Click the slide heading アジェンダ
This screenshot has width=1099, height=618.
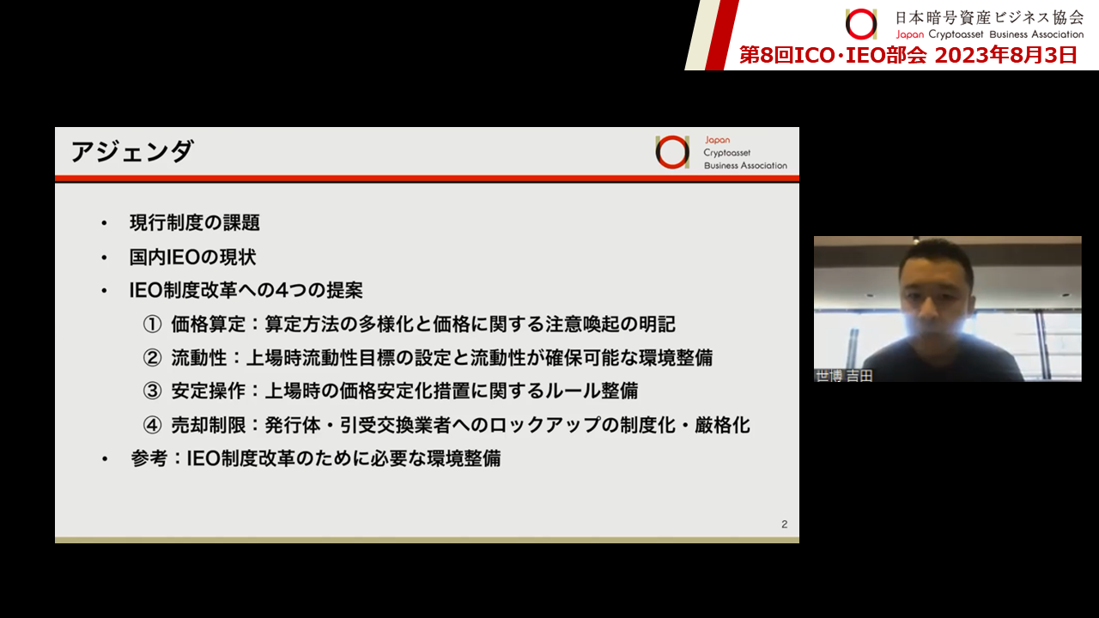point(132,152)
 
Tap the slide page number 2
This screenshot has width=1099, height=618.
point(785,524)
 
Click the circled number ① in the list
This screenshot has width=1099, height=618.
point(152,324)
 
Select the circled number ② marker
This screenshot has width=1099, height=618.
point(152,358)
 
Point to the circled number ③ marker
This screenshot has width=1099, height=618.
point(152,391)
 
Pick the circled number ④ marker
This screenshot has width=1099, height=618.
point(152,425)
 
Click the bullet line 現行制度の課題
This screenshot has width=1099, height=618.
point(195,222)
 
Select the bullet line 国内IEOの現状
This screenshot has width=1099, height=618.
point(193,257)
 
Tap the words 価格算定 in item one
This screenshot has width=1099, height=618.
point(209,324)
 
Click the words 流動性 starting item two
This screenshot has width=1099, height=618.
point(199,358)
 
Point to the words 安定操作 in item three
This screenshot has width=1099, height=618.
point(209,391)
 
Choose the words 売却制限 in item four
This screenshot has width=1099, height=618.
point(209,425)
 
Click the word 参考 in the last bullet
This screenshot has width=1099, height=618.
point(149,458)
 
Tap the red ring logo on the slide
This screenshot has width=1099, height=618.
point(672,152)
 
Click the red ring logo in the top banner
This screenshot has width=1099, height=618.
point(861,24)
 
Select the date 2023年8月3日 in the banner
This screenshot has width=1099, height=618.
point(1005,56)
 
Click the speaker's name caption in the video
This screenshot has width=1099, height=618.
point(844,376)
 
